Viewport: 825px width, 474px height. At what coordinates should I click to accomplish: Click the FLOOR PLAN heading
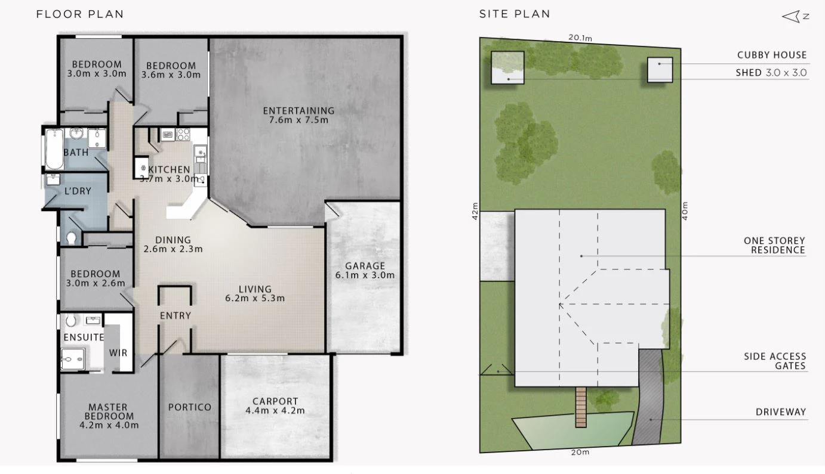tap(80, 14)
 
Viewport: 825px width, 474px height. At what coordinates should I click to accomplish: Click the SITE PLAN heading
tap(515, 14)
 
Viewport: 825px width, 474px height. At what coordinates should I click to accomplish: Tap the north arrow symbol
tap(796, 17)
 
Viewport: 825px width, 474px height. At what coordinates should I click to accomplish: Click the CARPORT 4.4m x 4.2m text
tap(275, 405)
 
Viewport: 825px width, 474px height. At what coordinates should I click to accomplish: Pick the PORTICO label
tap(190, 407)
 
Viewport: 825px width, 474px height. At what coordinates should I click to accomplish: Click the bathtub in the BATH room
tap(54, 148)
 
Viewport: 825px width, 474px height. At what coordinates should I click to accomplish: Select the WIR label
tap(118, 352)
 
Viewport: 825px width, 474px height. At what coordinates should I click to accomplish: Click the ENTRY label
tap(176, 315)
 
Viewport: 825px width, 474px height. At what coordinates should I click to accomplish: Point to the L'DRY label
tap(78, 191)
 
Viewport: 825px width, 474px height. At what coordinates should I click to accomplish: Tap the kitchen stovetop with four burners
tap(183, 134)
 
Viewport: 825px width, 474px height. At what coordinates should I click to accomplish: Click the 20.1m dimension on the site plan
tap(580, 38)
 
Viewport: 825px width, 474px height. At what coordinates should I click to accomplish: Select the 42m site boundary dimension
tap(475, 211)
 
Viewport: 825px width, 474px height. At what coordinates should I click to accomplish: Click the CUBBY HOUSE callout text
tap(772, 55)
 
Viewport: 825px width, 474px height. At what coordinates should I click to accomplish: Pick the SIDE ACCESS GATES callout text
tap(775, 361)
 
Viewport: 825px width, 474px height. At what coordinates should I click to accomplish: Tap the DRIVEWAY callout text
tap(781, 412)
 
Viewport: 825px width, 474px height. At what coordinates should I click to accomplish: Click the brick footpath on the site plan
tap(581, 407)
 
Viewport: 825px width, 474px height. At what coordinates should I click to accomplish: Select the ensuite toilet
tap(71, 320)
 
